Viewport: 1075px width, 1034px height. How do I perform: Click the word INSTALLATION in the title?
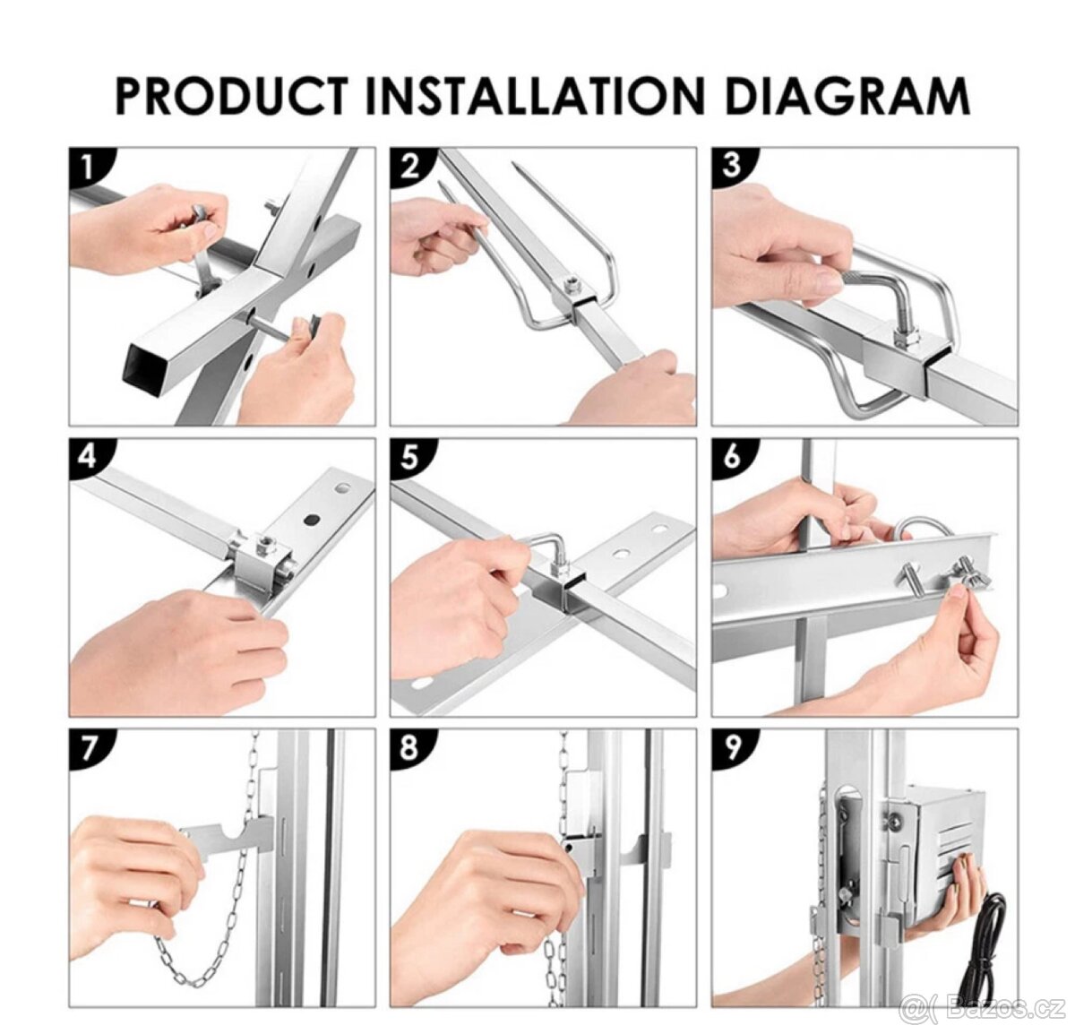tap(536, 98)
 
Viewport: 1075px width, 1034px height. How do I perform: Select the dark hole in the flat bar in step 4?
tap(313, 520)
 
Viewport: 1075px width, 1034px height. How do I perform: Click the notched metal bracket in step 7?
tap(228, 840)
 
